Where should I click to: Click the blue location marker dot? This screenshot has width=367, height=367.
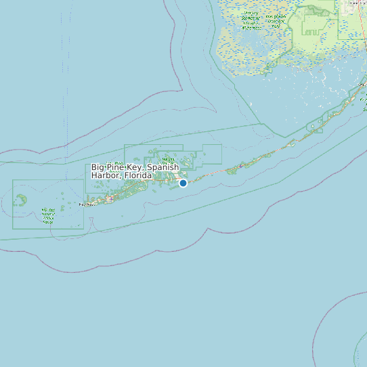[x=183, y=183]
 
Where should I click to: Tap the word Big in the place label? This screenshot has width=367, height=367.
[x=99, y=167]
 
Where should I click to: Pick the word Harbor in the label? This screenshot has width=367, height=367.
[x=106, y=175]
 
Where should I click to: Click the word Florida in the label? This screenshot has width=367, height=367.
[x=137, y=175]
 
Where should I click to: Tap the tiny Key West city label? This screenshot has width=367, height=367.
[x=88, y=204]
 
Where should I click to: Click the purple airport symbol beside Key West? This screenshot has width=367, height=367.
[x=110, y=199]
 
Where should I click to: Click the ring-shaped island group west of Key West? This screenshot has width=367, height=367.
[x=22, y=200]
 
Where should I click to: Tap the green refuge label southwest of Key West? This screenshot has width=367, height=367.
[x=47, y=215]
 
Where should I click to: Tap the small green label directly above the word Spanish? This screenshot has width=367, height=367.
[x=168, y=158]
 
